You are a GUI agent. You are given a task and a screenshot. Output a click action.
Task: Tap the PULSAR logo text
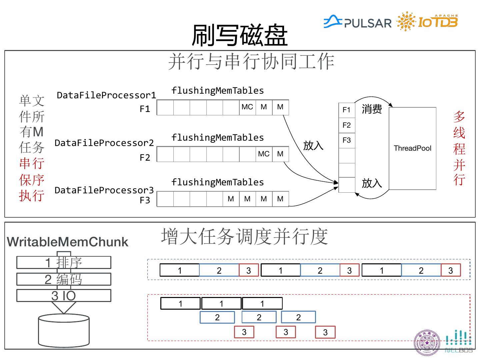(367, 23)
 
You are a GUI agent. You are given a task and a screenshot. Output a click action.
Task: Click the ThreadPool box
(412, 148)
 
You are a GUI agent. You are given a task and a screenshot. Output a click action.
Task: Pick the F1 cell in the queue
(347, 110)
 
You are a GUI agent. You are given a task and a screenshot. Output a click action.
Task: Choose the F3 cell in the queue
(347, 140)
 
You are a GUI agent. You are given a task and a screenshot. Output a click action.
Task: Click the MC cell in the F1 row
(247, 107)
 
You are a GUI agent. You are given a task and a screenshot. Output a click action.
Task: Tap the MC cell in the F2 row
(264, 154)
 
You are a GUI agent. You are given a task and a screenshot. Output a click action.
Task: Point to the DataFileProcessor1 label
(106, 95)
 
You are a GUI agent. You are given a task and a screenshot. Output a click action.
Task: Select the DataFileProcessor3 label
(104, 190)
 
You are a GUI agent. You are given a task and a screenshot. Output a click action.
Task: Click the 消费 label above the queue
(372, 109)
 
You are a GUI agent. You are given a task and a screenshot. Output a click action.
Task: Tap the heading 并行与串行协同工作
(251, 62)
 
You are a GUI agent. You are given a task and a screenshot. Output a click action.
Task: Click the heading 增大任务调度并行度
(244, 236)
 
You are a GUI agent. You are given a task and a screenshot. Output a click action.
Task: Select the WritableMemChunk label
(68, 242)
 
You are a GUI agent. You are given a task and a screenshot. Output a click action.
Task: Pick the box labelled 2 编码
(64, 279)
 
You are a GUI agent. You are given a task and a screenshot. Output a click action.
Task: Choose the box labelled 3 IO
(64, 296)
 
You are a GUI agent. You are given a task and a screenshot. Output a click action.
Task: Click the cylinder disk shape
(64, 331)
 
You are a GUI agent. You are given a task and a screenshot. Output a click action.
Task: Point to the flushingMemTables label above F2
(218, 138)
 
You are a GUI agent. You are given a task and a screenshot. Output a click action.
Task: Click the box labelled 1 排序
(64, 263)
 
